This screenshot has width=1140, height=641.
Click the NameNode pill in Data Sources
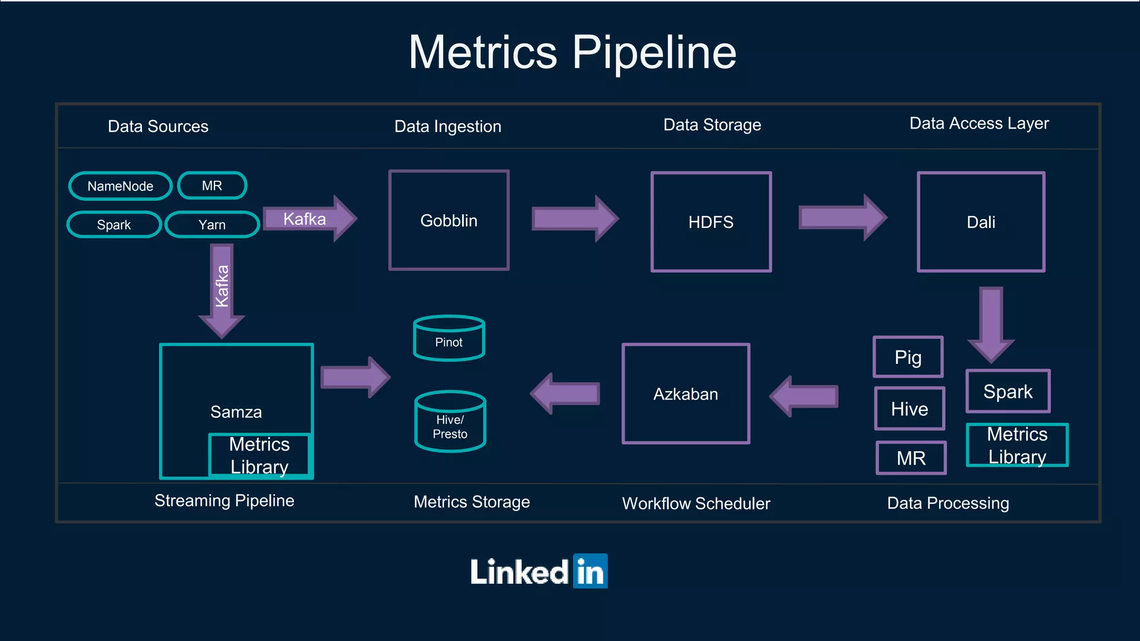[x=120, y=186]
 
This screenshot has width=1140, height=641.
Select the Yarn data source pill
[x=212, y=225]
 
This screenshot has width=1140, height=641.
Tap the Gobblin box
[x=449, y=220]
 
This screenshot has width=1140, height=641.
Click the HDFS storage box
[x=711, y=222]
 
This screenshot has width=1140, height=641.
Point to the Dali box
[x=981, y=222]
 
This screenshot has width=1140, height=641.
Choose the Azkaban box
[x=686, y=394]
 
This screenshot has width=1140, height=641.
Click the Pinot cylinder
[x=449, y=339]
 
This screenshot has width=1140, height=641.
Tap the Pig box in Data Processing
[x=908, y=357]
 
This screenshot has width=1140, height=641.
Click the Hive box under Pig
[x=910, y=409]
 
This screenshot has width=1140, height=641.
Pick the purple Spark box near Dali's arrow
[x=1008, y=391]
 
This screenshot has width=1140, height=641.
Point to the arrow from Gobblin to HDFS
[x=573, y=219]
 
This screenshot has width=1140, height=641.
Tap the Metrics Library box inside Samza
[x=259, y=455]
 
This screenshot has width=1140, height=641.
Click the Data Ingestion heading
[x=448, y=126]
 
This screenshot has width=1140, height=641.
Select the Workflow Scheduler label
[x=696, y=503]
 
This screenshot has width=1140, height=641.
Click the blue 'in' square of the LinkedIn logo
[x=590, y=571]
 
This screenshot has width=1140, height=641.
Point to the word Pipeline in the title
[x=654, y=52]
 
